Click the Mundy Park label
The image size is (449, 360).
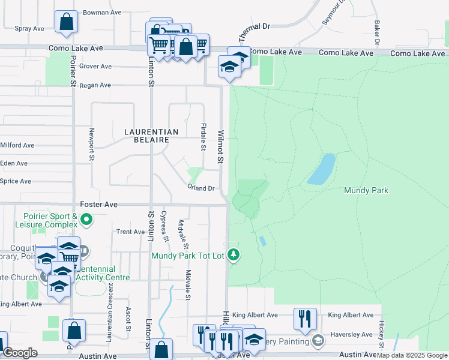pos(366,190)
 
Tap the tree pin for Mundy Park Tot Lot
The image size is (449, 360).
pos(234,256)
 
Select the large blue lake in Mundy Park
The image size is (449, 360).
pos(322,169)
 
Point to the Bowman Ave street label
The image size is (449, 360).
pos(100,12)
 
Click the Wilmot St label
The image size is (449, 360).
pos(220,148)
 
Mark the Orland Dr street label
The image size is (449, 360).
pos(200,188)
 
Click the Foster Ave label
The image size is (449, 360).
pos(98,205)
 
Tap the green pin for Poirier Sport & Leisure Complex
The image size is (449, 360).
pos(86,220)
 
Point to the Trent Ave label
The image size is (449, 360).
pos(131,232)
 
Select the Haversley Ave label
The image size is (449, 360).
pos(351,335)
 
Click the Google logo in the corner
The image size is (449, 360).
pos(20,353)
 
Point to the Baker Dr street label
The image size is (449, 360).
pos(377,34)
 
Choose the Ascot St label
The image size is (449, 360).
pos(128,319)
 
